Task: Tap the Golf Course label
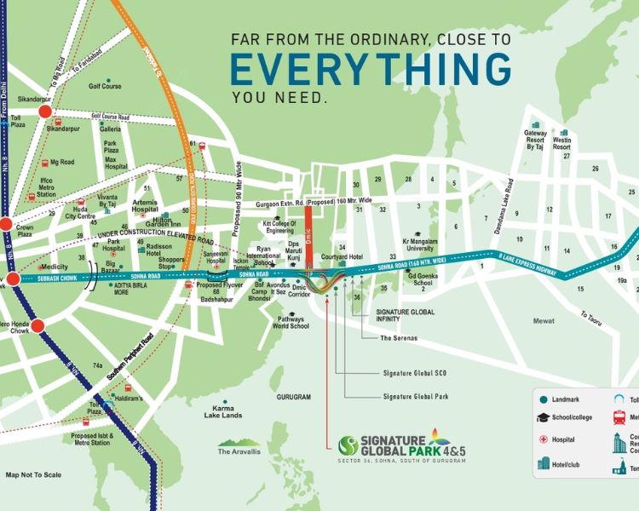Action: (x=106, y=86)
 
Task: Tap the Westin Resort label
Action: (x=561, y=141)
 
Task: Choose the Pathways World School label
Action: (x=291, y=322)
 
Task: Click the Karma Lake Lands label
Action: (x=222, y=412)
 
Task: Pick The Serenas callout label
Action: (x=397, y=338)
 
